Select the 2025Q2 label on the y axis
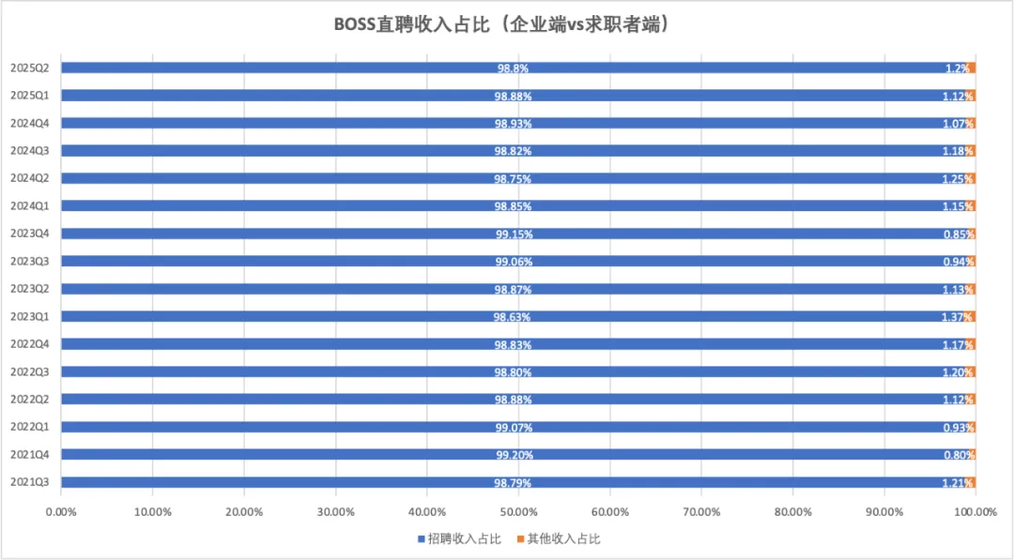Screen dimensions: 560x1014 tap(30, 68)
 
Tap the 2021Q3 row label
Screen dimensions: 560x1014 tap(30, 482)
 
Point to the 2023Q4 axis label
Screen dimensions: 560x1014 tap(30, 234)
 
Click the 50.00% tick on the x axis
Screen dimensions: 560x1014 tap(518, 512)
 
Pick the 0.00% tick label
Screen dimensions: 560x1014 tap(61, 512)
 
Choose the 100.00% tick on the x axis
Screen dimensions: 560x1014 tap(975, 512)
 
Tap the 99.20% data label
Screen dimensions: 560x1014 tap(514, 455)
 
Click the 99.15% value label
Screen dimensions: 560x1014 tap(514, 235)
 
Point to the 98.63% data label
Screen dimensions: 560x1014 tap(514, 317)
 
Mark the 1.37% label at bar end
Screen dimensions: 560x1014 tap(959, 317)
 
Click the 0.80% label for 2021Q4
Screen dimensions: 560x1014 tap(959, 455)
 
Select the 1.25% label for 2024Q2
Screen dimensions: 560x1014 tap(959, 179)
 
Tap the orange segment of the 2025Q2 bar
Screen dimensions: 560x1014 tap(972, 68)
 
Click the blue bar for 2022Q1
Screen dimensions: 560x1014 tap(282, 427)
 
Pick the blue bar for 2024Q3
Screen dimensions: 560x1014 tap(282, 151)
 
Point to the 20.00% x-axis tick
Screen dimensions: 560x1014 tap(244, 512)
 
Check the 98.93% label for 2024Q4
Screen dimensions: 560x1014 tap(514, 124)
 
